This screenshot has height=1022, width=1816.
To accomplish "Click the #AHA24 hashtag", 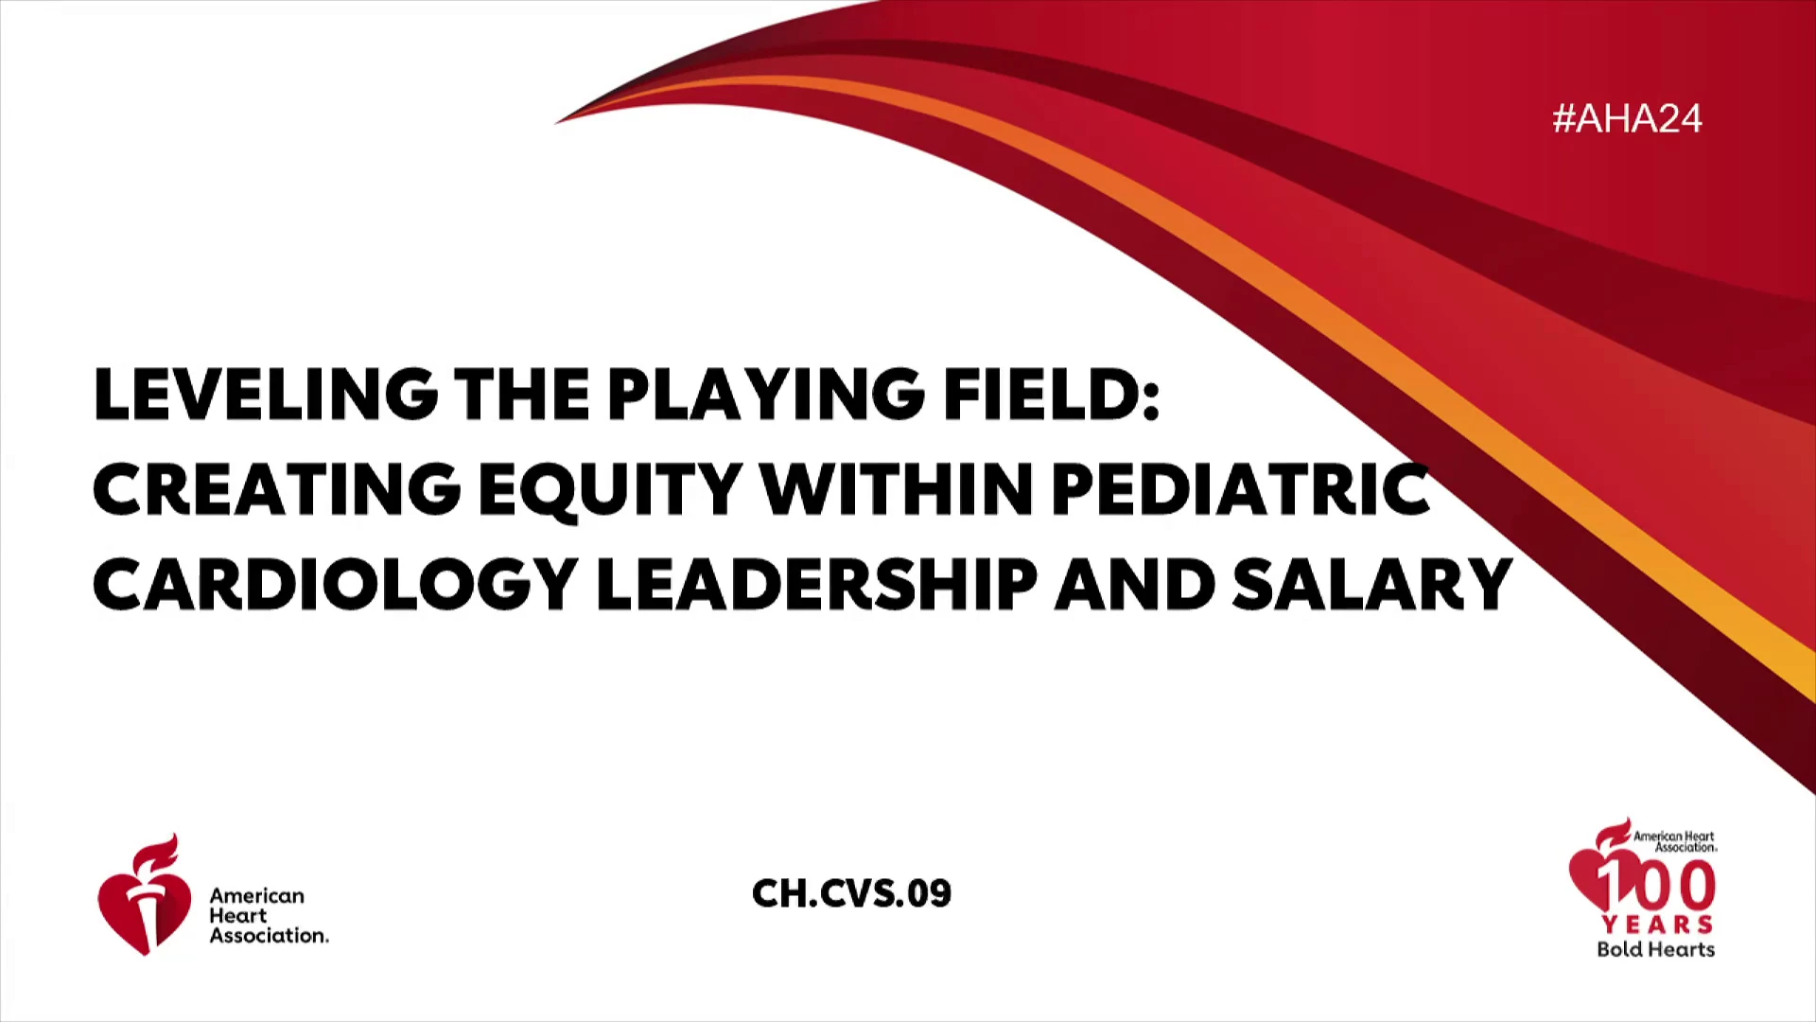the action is click(x=1627, y=118).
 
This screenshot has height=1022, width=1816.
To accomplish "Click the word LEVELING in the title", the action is click(x=266, y=394).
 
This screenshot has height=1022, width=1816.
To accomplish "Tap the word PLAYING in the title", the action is click(x=765, y=394).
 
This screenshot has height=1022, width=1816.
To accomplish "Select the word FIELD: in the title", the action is click(x=1051, y=394).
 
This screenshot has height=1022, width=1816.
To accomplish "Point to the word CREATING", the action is click(x=277, y=488).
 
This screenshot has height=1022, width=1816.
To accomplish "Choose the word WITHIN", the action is click(x=897, y=488).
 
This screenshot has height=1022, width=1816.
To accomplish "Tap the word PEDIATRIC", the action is click(x=1240, y=488).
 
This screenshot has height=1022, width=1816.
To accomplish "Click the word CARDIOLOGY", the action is click(x=336, y=583).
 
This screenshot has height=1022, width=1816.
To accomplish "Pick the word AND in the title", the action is click(x=1135, y=583).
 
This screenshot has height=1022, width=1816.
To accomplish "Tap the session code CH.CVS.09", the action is click(x=851, y=893).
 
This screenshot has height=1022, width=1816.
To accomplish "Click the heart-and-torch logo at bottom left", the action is click(x=144, y=894).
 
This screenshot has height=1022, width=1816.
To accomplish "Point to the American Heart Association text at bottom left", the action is click(x=270, y=915).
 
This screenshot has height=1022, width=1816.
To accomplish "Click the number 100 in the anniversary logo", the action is click(x=1657, y=883).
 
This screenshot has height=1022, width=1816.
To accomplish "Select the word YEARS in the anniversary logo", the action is click(x=1657, y=925).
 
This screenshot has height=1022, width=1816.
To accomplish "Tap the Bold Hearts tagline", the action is click(x=1656, y=949).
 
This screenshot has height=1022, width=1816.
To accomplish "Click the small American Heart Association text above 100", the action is click(x=1674, y=841).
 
